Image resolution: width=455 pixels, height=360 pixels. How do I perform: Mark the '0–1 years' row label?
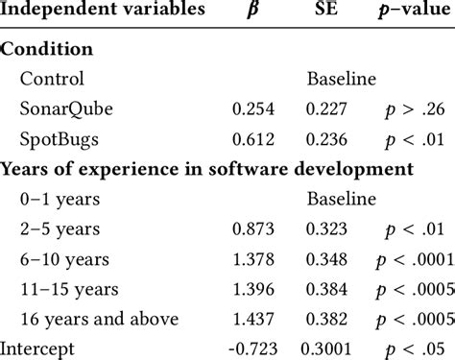pyautogui.click(x=54, y=199)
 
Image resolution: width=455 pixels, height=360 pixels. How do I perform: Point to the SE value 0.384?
pyautogui.click(x=327, y=289)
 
